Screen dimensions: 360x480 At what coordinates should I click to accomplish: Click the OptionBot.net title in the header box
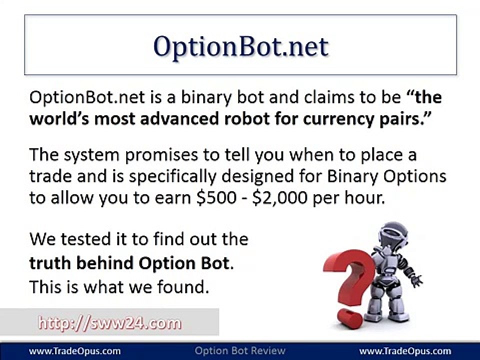(240, 46)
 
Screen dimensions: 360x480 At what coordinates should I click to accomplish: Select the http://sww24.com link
(110, 323)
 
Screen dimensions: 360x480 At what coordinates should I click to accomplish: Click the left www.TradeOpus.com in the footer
(74, 351)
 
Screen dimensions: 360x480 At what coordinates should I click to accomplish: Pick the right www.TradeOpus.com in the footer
(405, 351)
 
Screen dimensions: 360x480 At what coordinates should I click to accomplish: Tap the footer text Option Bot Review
(240, 351)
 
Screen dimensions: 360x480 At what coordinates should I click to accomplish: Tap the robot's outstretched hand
(416, 280)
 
